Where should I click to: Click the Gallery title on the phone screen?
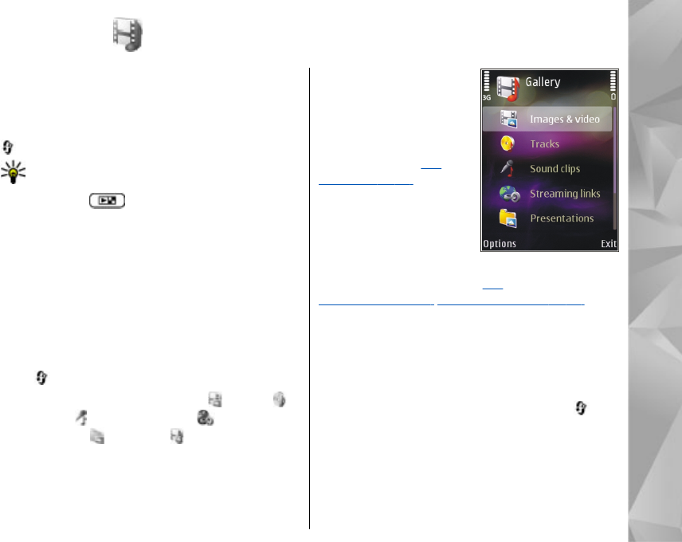pos(543,82)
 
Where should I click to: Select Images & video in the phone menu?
pos(565,120)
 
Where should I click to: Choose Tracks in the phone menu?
pos(545,144)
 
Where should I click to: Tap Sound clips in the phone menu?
pos(555,169)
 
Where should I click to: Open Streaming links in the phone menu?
pos(565,194)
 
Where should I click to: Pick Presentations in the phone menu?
pos(562,218)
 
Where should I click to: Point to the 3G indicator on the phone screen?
pos(486,96)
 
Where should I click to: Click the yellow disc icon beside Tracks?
pos(508,144)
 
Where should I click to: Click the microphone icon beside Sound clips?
pos(508,169)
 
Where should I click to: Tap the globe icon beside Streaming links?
pos(508,194)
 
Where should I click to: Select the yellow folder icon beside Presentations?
pos(508,218)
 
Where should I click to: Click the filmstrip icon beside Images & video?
pos(508,120)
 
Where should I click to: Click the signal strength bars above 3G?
pos(486,82)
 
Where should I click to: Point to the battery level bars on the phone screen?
pos(613,82)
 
